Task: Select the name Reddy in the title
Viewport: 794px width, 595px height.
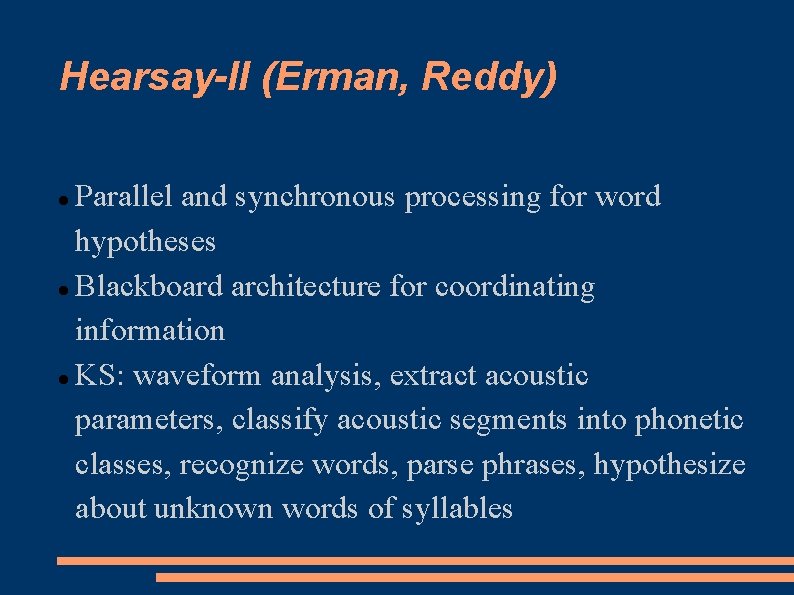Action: [x=487, y=76]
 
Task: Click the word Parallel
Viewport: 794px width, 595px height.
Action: [x=126, y=197]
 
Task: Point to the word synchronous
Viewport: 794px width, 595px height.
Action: [x=316, y=198]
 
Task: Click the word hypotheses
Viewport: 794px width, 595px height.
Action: [x=145, y=242]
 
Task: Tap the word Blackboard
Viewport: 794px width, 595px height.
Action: [x=150, y=287]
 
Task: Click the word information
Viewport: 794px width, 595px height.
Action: [x=150, y=330]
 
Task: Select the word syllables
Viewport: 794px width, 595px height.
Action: [x=457, y=509]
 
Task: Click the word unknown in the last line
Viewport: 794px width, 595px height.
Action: [x=214, y=508]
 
